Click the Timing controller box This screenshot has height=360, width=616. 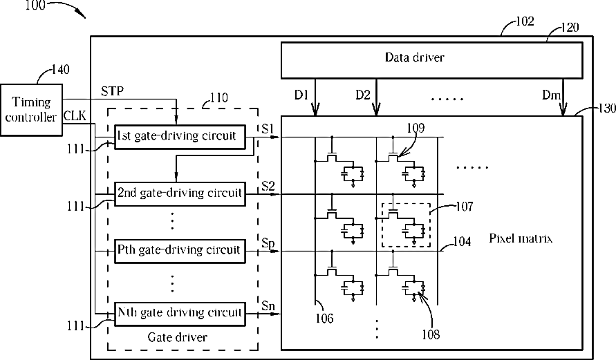31,110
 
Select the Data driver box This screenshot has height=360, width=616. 431,60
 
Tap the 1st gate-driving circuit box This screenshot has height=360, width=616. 180,137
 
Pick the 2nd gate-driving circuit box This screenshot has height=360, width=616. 180,194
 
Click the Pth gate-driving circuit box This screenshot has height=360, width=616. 180,251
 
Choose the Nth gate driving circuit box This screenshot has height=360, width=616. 180,314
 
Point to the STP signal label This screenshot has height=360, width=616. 113,91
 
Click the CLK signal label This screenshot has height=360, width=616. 75,115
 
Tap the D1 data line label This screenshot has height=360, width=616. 301,95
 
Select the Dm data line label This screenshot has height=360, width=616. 551,95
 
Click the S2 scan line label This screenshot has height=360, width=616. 268,186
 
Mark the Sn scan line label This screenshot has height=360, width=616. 268,305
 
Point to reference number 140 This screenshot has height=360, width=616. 61,70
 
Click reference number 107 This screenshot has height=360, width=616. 465,207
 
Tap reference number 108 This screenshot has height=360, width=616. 431,334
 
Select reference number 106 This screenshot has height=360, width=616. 324,319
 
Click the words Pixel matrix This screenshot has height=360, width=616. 521,238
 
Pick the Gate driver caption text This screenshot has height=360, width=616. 178,337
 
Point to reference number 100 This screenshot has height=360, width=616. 35,5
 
